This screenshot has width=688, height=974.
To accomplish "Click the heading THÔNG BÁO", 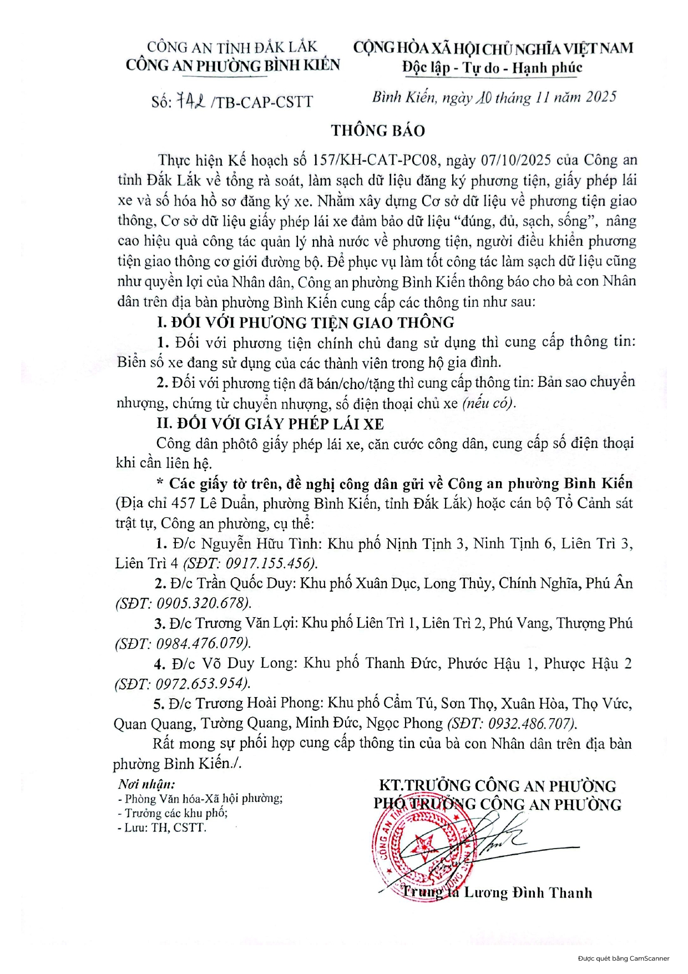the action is (378, 130).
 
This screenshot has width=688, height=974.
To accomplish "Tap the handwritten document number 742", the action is (191, 101).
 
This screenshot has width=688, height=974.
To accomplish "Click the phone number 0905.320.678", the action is (201, 603).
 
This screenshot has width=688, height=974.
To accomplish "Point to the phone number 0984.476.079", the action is (201, 643).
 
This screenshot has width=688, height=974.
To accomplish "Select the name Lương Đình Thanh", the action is (528, 892).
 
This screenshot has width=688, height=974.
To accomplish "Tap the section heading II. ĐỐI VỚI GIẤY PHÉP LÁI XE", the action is (270, 424).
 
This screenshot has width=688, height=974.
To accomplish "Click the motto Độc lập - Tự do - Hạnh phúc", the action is (492, 68).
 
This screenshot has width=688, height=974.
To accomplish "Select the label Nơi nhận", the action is (146, 784).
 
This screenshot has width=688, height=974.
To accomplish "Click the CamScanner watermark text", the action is (623, 958).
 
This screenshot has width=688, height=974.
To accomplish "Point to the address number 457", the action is (183, 503).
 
